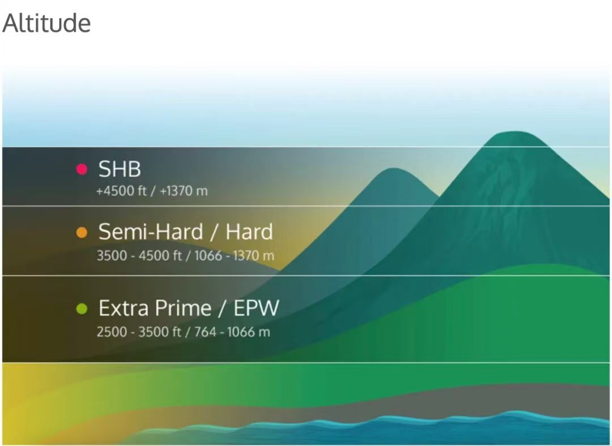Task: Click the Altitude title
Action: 46,23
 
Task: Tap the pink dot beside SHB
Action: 82,169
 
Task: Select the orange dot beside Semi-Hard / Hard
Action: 82,232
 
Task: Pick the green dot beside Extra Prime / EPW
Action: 82,309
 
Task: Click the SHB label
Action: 120,169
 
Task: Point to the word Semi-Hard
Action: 151,232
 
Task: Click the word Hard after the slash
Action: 249,232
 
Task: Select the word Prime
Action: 183,308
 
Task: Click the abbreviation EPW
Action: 257,308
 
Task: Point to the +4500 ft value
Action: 121,191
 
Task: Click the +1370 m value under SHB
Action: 184,191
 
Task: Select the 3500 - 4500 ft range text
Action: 139,256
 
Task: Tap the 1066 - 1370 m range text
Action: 234,256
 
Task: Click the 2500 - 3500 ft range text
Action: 139,332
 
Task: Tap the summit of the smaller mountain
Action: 392,169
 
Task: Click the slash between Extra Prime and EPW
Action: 223,309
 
